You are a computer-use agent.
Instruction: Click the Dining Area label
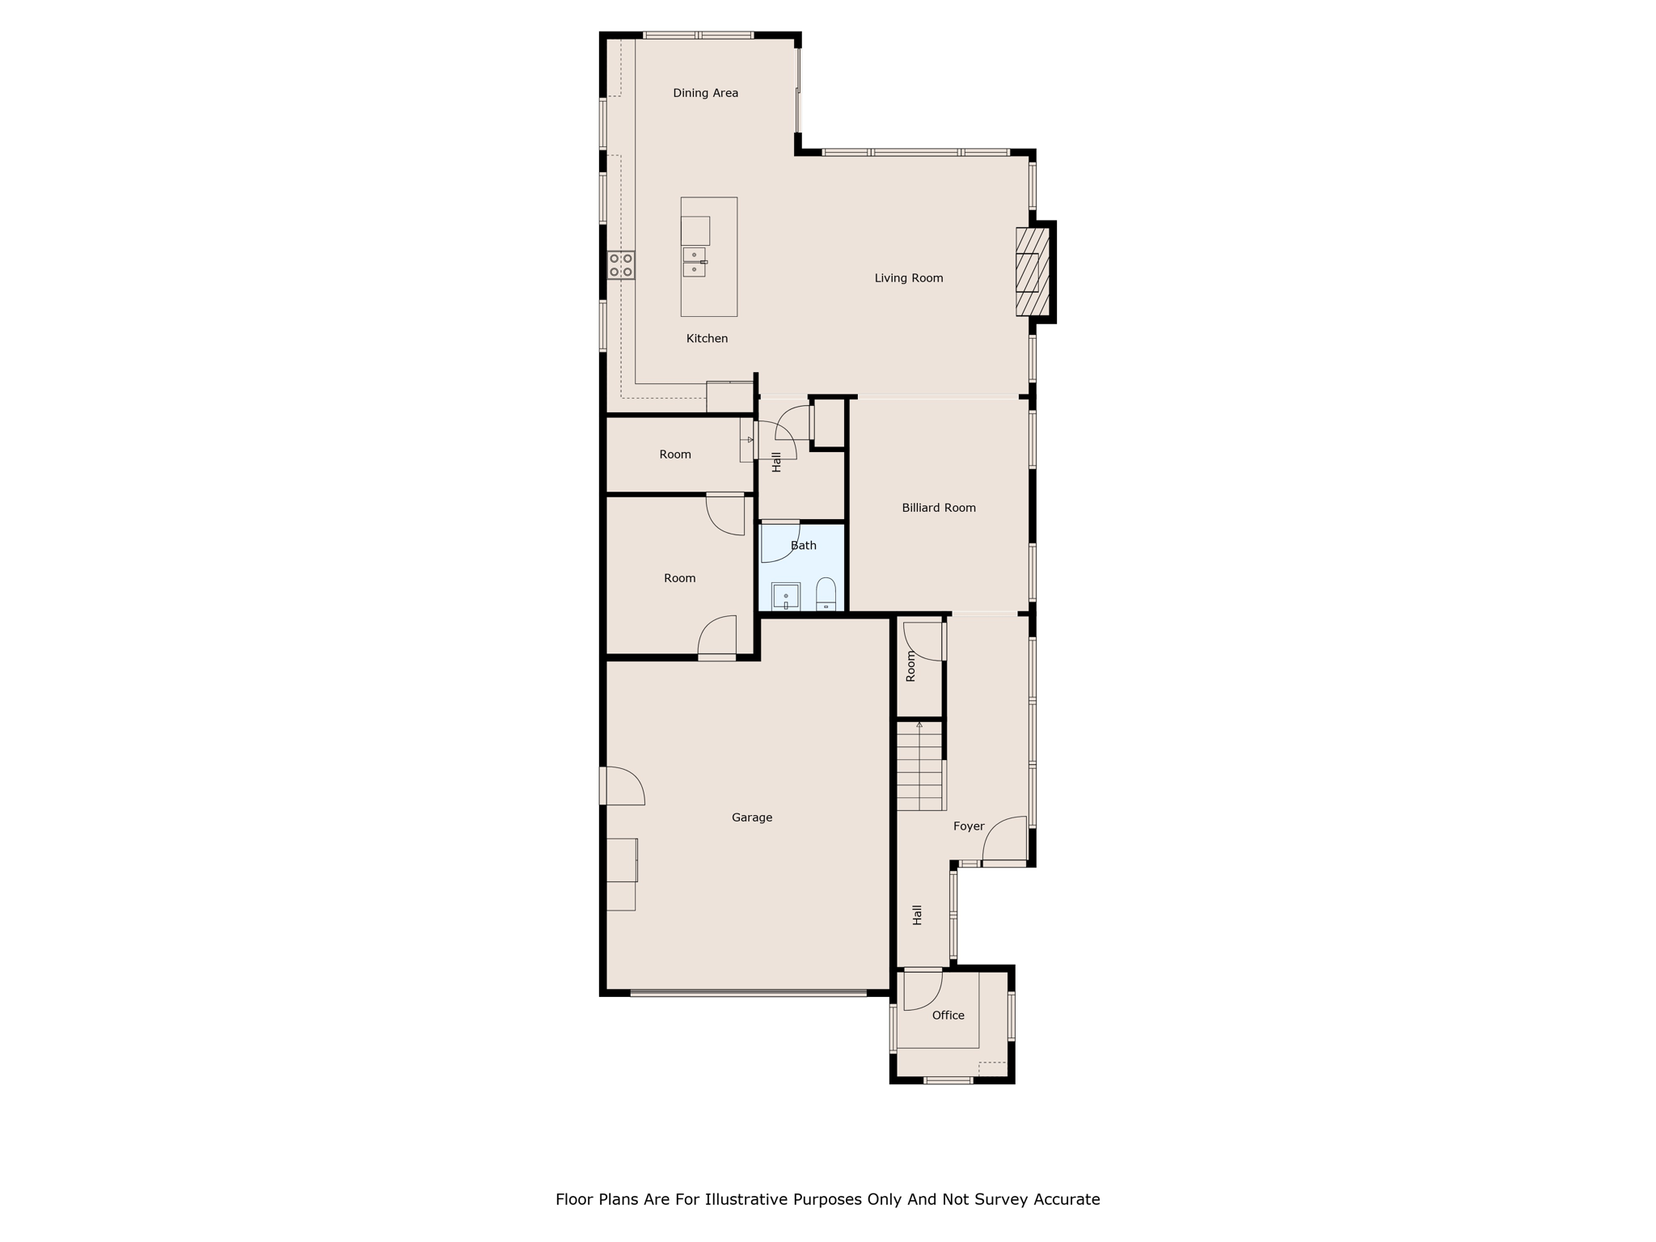(705, 93)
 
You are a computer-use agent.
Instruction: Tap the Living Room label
(909, 278)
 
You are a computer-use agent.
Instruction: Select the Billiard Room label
(939, 508)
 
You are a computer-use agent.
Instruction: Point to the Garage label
(752, 817)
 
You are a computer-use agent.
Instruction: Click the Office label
(948, 1016)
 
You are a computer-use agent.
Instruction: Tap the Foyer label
(969, 826)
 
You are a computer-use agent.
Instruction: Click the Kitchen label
(707, 339)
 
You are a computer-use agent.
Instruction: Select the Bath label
(804, 546)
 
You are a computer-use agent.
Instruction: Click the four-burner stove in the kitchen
(621, 265)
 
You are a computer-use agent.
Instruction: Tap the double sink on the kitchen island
(695, 262)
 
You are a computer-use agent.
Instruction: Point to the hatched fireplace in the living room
(1033, 272)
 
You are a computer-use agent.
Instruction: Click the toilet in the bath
(826, 594)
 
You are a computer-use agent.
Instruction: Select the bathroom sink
(785, 597)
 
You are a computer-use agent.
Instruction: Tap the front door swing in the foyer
(1004, 841)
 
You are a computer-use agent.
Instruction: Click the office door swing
(922, 990)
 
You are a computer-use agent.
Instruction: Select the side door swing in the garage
(624, 786)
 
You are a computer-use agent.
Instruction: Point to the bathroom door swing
(779, 542)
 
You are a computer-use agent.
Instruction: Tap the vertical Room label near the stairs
(911, 667)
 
